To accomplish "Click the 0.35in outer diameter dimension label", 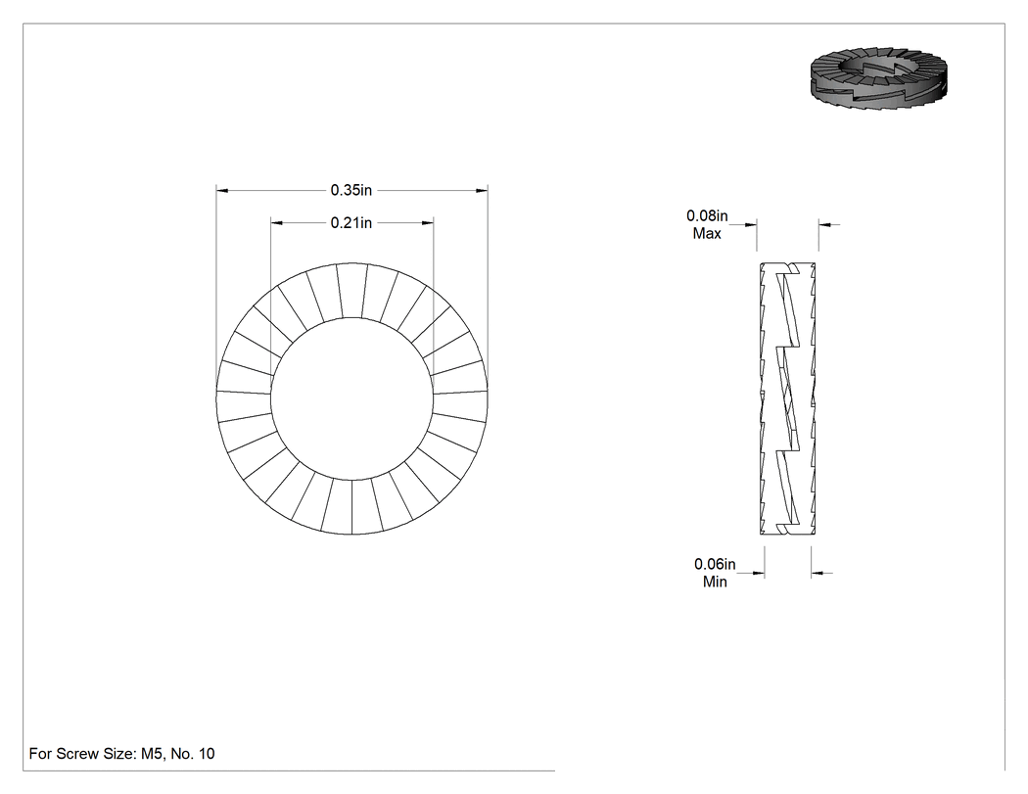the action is pyautogui.click(x=350, y=190).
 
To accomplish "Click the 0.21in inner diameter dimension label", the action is pyautogui.click(x=350, y=223).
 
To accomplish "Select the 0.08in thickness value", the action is pyautogui.click(x=707, y=215).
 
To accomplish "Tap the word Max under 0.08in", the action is pyautogui.click(x=707, y=233).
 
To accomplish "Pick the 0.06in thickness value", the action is pyautogui.click(x=715, y=564).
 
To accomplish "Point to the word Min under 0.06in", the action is pyautogui.click(x=715, y=582).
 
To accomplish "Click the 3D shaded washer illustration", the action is pyautogui.click(x=878, y=78).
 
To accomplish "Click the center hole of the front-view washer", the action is pyautogui.click(x=352, y=398).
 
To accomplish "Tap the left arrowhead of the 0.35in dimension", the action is pyautogui.click(x=222, y=191).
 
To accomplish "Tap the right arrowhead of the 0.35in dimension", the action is pyautogui.click(x=482, y=191).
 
